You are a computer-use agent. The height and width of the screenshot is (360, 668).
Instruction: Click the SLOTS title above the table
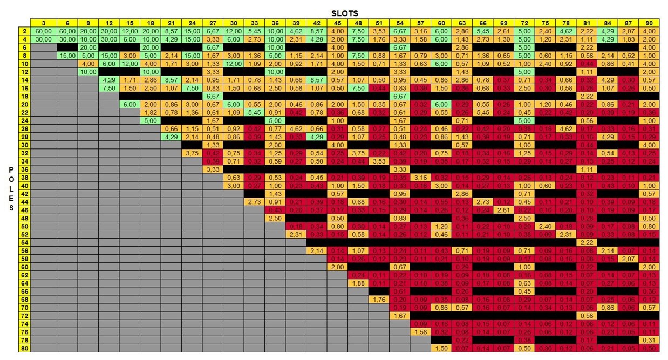(x=344, y=12)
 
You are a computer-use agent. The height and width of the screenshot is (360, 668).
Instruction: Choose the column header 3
(x=44, y=23)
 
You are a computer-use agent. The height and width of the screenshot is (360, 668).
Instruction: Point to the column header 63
(x=462, y=23)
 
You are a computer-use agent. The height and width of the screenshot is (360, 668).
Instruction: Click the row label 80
(x=25, y=349)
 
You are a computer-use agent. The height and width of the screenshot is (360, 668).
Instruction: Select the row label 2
(x=25, y=31)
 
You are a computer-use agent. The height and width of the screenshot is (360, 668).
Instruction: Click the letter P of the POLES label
(x=11, y=169)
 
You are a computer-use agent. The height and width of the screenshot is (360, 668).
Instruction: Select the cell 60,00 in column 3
(x=44, y=31)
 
